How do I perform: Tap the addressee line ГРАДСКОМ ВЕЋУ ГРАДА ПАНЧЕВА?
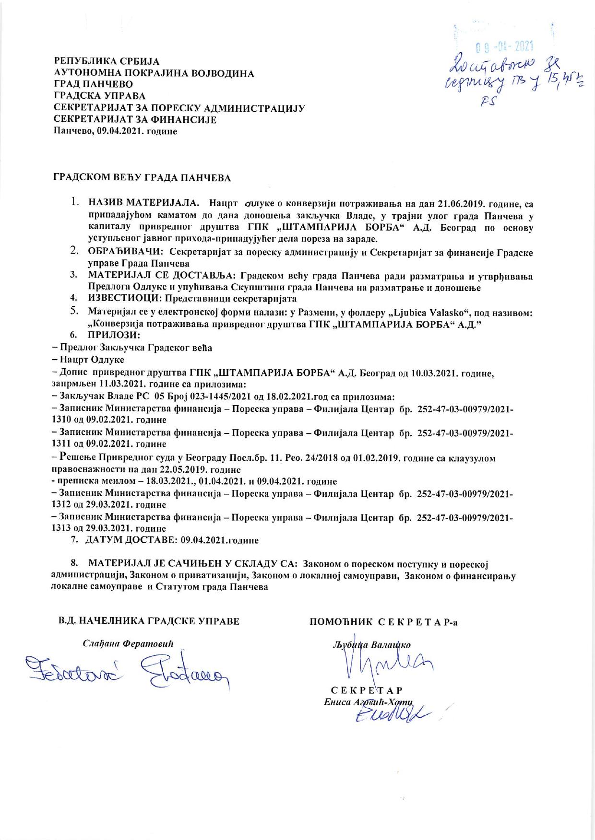coord(142,178)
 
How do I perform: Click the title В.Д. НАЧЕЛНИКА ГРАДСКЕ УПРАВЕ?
coord(148,621)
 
